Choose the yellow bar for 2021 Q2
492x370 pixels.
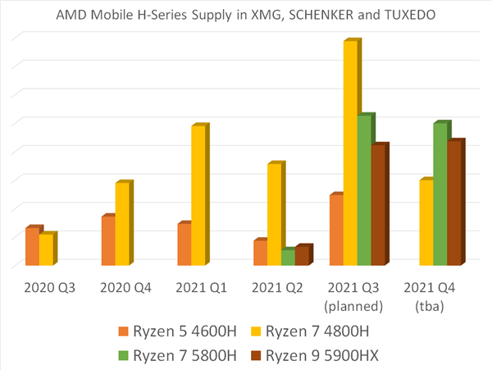tap(274, 214)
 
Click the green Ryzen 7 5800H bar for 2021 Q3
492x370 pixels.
tap(364, 190)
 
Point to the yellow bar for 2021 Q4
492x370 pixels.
tap(426, 222)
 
